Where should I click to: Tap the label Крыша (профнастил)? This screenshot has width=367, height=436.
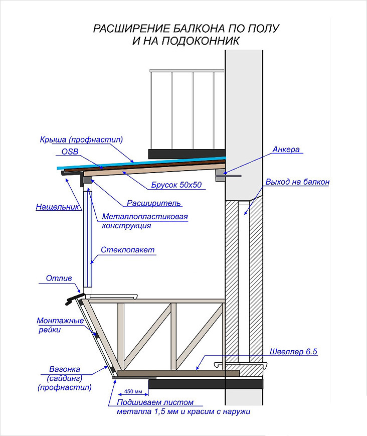point(81,139)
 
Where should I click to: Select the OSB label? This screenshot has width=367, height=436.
point(70,152)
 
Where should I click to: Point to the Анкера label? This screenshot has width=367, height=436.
point(286,150)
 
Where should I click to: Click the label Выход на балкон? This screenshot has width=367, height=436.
point(297,182)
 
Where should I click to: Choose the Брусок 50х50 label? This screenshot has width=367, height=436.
point(176,185)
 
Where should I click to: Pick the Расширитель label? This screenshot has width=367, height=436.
point(153,203)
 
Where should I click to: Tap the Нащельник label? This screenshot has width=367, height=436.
point(58,207)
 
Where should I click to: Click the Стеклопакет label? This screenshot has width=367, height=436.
point(127,250)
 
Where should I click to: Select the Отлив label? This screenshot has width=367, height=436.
point(59,278)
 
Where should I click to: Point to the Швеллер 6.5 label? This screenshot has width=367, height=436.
point(293,352)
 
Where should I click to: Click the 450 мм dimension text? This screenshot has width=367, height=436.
point(133,391)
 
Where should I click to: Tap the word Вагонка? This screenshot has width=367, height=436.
point(65,369)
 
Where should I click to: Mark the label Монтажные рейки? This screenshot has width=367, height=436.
point(60,325)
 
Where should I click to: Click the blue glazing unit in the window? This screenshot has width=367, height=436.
point(88,238)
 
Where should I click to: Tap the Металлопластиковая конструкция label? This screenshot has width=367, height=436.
point(145,221)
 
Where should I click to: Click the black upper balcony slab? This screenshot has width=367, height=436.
point(187,154)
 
